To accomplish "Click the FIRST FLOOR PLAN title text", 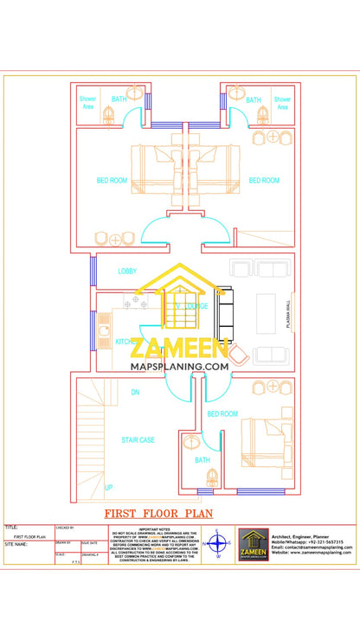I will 158,513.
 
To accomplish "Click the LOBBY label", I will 127,272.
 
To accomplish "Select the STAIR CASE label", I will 138,440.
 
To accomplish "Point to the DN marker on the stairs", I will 135,393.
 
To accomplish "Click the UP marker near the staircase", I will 108,488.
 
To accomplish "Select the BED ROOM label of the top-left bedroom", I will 112,181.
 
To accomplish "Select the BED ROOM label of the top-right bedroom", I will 264,181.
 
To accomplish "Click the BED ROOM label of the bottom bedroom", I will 222,414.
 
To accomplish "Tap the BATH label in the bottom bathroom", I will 202,460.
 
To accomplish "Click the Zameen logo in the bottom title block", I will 254,545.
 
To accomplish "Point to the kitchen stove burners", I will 134,303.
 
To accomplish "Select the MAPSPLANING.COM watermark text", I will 179,367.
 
